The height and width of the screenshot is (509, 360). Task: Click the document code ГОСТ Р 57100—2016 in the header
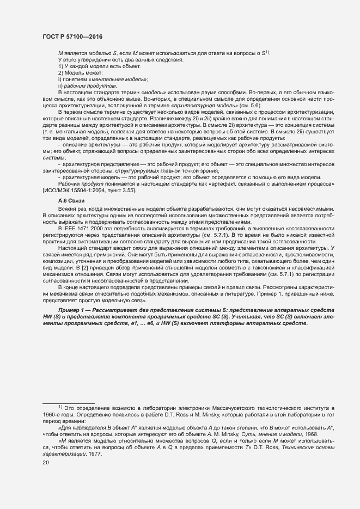[x=72, y=36]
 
